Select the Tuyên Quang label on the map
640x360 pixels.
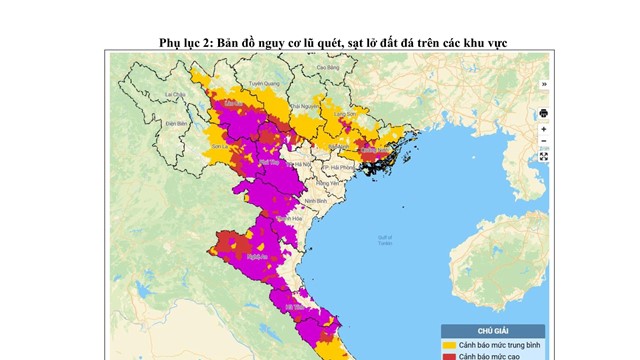[x=263, y=84]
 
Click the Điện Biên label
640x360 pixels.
[x=151, y=124]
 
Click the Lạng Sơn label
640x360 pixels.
[x=345, y=114]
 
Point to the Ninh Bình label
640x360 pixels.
[x=317, y=200]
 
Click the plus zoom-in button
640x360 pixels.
[x=543, y=129]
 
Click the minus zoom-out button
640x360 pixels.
[x=543, y=142]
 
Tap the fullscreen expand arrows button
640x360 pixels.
[x=543, y=156]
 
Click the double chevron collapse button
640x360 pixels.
[x=543, y=84]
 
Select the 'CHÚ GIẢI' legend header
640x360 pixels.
[x=494, y=331]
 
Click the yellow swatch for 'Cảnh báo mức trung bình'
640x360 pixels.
[x=450, y=345]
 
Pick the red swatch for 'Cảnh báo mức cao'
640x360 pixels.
[x=450, y=356]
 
